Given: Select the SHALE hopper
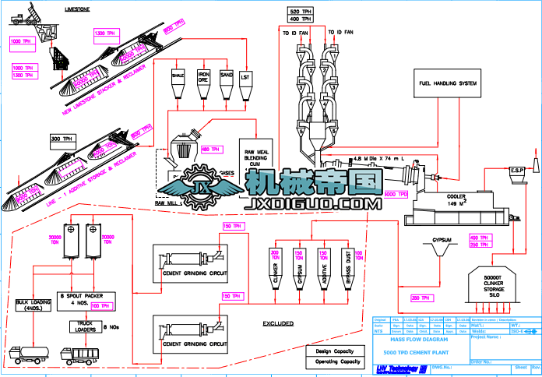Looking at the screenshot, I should click(x=178, y=82).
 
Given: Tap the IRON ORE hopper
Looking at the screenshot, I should click(x=203, y=82).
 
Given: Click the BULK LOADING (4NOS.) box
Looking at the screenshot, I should click(x=32, y=303).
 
